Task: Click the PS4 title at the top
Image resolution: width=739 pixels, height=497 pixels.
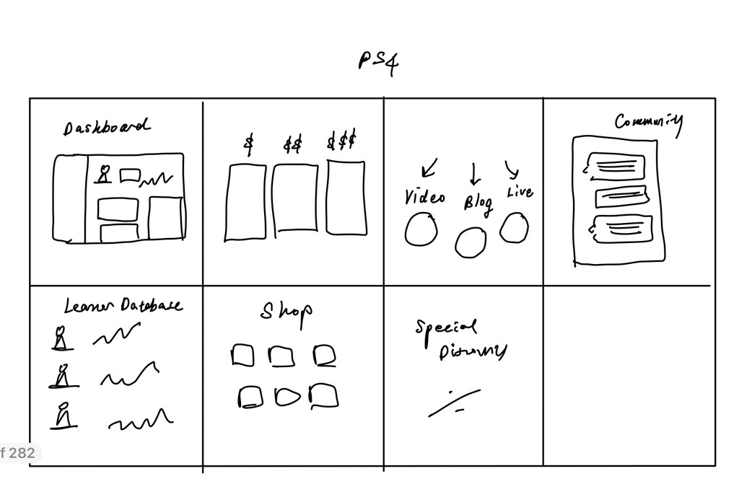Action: pos(378,63)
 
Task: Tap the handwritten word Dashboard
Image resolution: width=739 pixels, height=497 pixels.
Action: pos(107,128)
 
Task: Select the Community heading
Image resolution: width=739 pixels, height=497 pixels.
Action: pos(648,122)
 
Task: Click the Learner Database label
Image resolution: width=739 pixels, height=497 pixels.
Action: pos(123,307)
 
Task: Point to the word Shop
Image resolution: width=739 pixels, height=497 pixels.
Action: pos(287,311)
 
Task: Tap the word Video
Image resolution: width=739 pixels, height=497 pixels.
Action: pos(424,197)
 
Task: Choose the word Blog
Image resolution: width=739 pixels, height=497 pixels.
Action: pos(478,202)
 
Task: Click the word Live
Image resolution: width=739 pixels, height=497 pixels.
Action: pos(520,192)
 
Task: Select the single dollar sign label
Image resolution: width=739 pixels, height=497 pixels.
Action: pos(249,144)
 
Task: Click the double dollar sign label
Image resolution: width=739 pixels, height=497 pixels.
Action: pos(292,145)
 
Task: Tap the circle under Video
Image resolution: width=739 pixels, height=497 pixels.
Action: pos(421,231)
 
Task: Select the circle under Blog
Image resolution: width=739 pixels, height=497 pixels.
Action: pos(471,242)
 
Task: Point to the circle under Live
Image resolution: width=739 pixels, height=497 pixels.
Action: pos(514,228)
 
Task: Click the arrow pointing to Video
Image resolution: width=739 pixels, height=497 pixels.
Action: pos(429,168)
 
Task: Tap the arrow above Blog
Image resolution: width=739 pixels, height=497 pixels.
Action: pos(475,173)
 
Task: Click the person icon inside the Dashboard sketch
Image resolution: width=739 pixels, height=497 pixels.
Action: pos(104,175)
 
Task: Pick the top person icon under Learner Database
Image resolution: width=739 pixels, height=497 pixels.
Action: pos(63,338)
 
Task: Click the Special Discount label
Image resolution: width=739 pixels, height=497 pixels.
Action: pos(460,339)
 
